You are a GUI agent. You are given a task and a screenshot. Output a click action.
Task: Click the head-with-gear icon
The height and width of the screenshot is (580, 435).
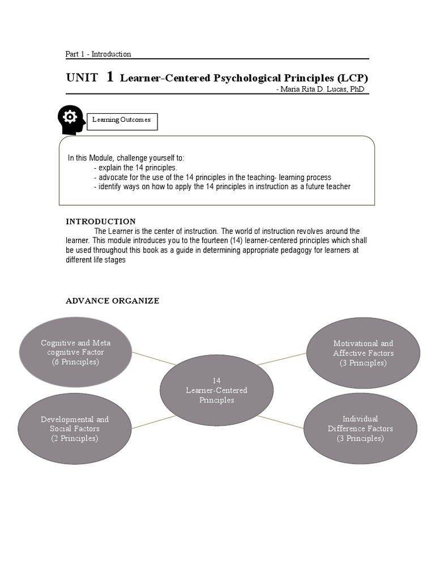[70, 119]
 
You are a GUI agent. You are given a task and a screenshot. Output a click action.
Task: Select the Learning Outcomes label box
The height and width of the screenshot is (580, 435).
[122, 121]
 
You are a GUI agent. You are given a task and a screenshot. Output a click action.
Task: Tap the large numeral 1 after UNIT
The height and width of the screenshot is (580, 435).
[109, 78]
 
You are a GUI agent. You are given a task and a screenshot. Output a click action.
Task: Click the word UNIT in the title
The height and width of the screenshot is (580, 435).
[82, 78]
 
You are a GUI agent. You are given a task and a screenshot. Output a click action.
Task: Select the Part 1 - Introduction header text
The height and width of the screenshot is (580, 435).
[99, 54]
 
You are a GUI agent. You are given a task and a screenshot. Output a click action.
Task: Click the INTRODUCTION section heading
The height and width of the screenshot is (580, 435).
[101, 221]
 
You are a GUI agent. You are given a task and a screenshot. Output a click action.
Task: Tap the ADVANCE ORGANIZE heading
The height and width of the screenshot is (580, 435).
[113, 301]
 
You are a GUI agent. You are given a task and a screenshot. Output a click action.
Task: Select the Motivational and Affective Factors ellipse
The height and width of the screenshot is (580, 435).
[363, 353]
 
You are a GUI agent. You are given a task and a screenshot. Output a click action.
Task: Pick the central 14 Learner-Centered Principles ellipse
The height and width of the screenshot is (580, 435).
[216, 391]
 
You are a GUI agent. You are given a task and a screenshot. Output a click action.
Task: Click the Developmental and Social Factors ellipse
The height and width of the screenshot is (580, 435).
[74, 429]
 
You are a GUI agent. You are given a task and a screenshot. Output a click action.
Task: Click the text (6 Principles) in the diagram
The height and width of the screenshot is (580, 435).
[75, 362]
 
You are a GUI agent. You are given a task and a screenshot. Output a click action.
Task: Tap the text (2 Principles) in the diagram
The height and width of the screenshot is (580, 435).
[74, 438]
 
